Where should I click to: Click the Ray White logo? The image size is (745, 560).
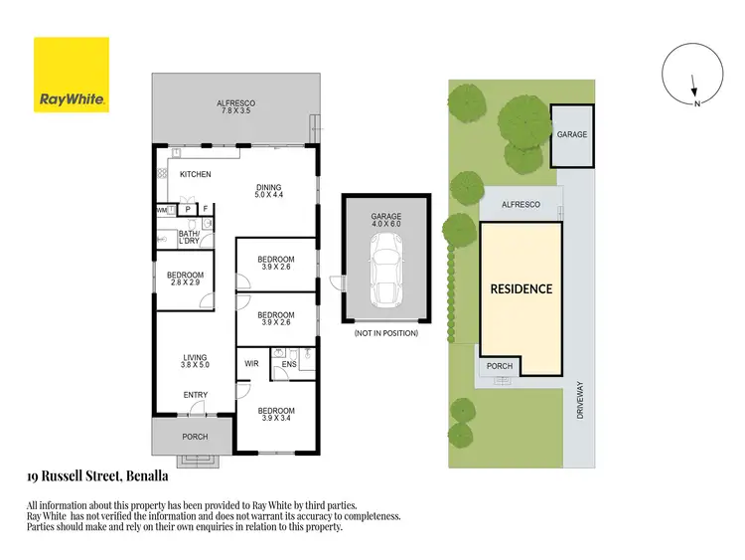pyautogui.click(x=72, y=75)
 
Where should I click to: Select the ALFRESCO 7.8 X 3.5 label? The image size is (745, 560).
pyautogui.click(x=236, y=106)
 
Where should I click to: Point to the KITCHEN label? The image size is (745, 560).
pyautogui.click(x=196, y=175)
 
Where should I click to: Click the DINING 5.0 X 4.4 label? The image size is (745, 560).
pyautogui.click(x=269, y=191)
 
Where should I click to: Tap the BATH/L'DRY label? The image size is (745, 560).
pyautogui.click(x=189, y=238)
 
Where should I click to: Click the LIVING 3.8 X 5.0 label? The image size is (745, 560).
pyautogui.click(x=195, y=362)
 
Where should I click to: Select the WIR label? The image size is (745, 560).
pyautogui.click(x=251, y=364)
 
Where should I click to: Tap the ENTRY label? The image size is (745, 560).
pyautogui.click(x=195, y=395)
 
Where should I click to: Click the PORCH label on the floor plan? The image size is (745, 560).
pyautogui.click(x=195, y=437)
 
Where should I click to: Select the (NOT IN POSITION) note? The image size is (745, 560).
pyautogui.click(x=385, y=333)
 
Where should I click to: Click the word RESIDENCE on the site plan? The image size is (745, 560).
pyautogui.click(x=521, y=289)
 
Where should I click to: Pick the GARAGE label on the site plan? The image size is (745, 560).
pyautogui.click(x=571, y=134)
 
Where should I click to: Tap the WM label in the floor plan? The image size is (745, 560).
pyautogui.click(x=161, y=210)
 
